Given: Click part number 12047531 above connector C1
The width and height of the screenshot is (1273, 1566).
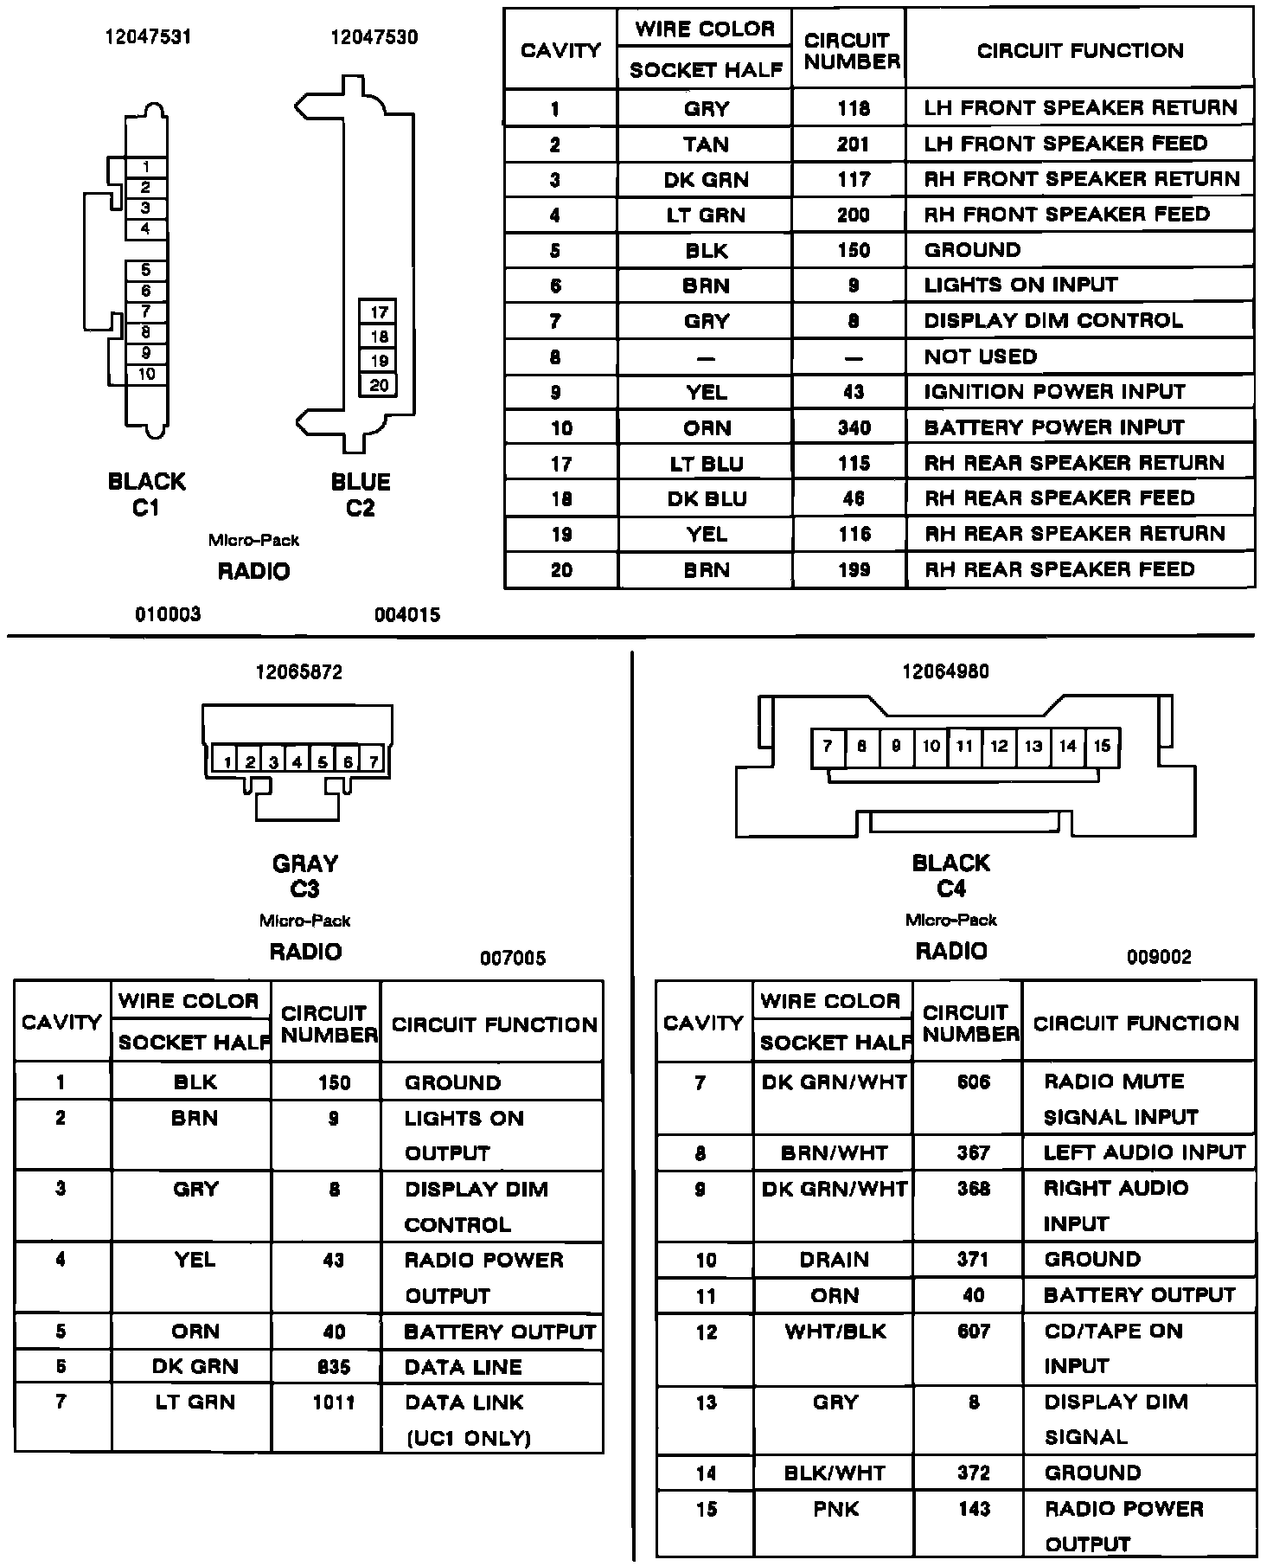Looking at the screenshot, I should click(x=148, y=37).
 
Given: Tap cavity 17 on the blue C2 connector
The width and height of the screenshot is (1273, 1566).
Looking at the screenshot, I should click(x=379, y=312).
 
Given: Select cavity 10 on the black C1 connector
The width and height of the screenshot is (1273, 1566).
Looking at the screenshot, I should click(x=146, y=375).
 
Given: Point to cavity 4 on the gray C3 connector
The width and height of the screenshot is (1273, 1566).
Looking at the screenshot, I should click(x=297, y=761).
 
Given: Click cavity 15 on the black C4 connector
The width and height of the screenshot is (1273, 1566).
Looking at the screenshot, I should click(x=1102, y=746).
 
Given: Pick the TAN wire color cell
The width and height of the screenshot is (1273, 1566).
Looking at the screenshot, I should click(x=706, y=144).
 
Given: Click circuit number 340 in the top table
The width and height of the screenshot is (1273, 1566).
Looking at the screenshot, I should click(x=853, y=428).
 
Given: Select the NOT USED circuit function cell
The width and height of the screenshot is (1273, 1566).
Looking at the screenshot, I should click(x=980, y=356).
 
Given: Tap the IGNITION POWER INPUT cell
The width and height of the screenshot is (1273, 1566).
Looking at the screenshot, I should click(x=1054, y=392).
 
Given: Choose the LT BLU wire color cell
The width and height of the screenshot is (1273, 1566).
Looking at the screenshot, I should click(x=706, y=464).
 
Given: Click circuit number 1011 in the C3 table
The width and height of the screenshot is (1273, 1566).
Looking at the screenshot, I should click(x=334, y=1402).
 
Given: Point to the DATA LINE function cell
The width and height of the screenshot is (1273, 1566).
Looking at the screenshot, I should click(x=464, y=1367).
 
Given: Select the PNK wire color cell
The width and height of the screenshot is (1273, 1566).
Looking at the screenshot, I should click(x=835, y=1509).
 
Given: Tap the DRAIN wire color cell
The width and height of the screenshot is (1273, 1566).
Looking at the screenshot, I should click(x=835, y=1260).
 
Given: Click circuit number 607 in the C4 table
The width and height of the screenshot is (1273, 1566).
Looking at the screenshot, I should click(x=973, y=1331).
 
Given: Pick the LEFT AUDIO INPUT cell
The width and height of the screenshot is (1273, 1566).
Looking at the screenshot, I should click(x=1143, y=1152).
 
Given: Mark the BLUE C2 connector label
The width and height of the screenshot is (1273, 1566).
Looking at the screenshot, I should click(x=361, y=494).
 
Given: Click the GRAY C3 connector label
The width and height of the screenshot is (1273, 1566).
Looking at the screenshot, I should click(x=305, y=876).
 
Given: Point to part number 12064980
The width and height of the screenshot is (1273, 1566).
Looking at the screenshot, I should click(x=945, y=671).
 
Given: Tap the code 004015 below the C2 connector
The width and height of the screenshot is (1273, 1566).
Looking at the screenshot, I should click(x=407, y=615).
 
